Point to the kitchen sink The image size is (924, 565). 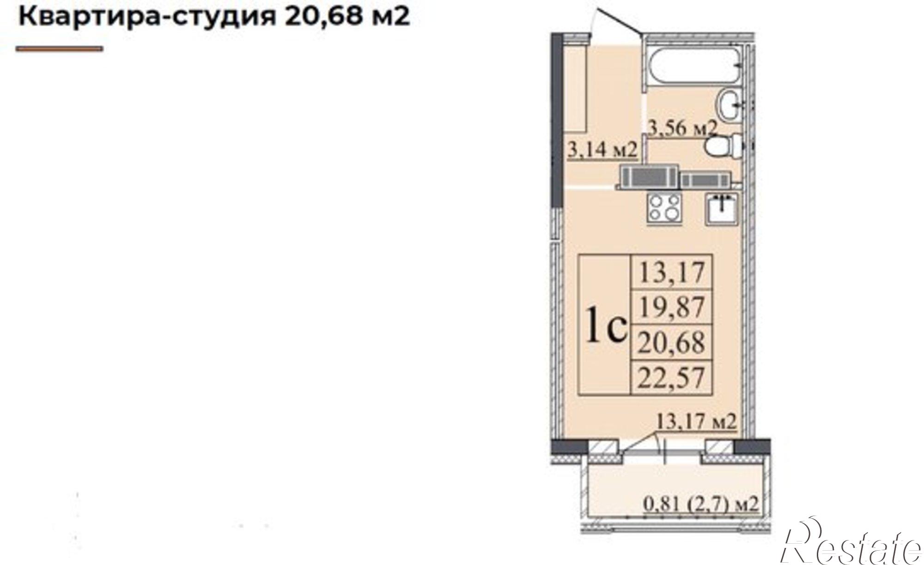tap(721, 209)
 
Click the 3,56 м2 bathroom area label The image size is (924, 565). tap(682, 127)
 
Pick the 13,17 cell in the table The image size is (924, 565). tap(672, 272)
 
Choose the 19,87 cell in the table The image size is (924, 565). tap(672, 307)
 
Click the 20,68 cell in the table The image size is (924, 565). tap(672, 342)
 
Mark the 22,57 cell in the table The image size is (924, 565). tap(672, 377)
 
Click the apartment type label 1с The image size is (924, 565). tap(606, 325)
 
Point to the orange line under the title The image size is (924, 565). tap(59, 49)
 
